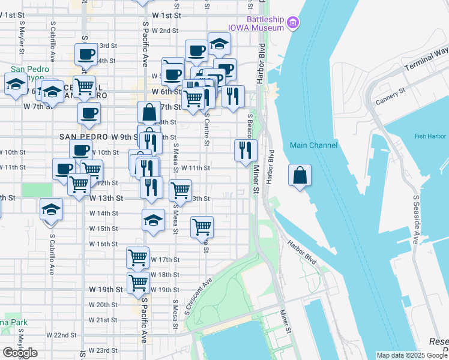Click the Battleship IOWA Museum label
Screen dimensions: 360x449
[x=255, y=23]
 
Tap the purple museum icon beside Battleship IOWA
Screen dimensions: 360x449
[x=294, y=23]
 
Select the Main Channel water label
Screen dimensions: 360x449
[x=313, y=145]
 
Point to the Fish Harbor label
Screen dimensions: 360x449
[x=429, y=136]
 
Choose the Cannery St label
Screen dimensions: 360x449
[x=390, y=97]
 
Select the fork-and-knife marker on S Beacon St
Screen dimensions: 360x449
[x=245, y=151]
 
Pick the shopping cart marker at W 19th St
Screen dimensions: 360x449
[x=138, y=283]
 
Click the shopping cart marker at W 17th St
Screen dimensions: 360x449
[x=137, y=258]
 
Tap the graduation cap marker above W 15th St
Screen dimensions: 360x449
[x=154, y=220]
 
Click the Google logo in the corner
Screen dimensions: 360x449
[x=20, y=353]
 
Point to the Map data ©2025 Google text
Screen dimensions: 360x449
[x=411, y=355]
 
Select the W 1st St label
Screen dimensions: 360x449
[x=166, y=14]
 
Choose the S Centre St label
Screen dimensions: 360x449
[x=206, y=128]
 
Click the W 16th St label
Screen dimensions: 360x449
[x=103, y=244]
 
